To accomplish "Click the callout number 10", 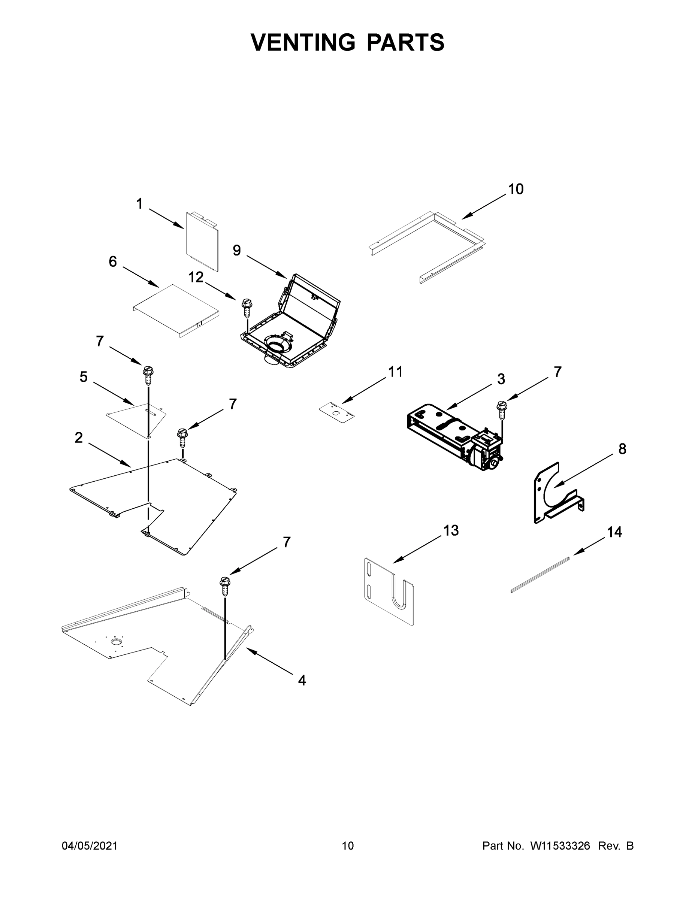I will (516, 189).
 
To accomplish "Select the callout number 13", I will (451, 530).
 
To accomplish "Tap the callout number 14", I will (614, 532).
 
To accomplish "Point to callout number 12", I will (196, 278).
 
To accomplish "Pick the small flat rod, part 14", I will (540, 574).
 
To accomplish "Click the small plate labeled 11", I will (337, 413).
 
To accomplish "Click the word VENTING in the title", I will (303, 42).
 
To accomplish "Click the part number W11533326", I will (560, 846).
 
